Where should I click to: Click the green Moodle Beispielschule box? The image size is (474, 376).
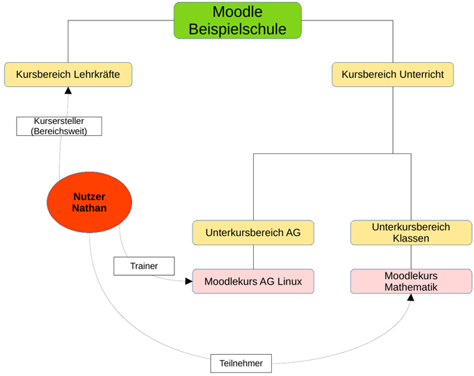238,20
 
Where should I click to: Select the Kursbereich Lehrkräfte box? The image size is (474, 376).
68,74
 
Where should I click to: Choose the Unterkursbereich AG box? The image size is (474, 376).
253,233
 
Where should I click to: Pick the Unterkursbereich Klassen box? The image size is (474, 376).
411,233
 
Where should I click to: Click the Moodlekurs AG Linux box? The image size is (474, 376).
253,281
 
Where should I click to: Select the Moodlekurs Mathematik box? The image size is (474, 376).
411,281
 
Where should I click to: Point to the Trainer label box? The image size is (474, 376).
144,266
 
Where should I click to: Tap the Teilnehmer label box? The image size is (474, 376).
241,362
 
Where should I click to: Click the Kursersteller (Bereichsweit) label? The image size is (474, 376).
59,126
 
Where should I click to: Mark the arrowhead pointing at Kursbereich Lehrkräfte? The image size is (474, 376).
68,91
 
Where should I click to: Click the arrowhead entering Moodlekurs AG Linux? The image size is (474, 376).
188,280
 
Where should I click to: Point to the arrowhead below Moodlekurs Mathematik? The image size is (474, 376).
411,297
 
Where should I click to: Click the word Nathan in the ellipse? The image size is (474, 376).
89,209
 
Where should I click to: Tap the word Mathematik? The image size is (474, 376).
411,287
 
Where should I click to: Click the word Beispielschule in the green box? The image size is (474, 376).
238,29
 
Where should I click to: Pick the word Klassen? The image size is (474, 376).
411,239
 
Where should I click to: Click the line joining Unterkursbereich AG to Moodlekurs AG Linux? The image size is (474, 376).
253,257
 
